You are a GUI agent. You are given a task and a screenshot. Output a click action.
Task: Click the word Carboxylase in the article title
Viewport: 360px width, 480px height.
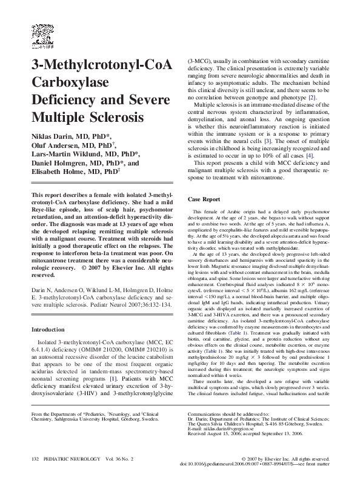coord(69,81)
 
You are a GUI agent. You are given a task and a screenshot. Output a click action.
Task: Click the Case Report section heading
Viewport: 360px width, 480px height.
coord(204,199)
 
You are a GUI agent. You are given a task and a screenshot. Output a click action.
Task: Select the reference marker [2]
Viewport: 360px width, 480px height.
coord(312,98)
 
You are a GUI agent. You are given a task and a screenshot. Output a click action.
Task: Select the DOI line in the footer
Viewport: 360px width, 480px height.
coord(271,465)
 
